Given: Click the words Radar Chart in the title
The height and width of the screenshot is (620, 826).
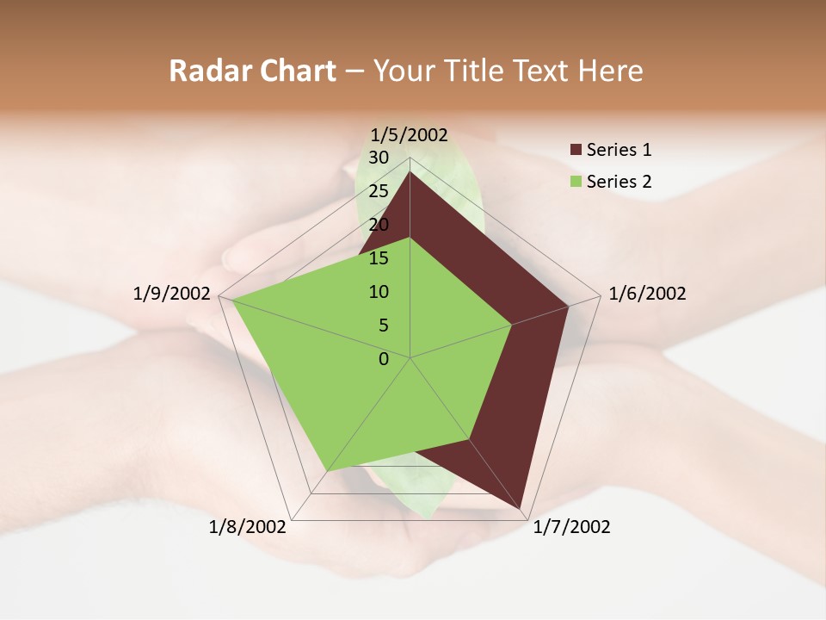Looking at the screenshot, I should click(x=252, y=71).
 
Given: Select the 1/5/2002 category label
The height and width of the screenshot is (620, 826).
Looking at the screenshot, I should click(x=410, y=134).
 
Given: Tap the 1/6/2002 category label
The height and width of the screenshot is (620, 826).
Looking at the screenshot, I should click(x=647, y=294).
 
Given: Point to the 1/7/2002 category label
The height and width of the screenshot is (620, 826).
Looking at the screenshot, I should click(x=571, y=527).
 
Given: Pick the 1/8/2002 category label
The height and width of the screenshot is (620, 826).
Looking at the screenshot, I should click(x=248, y=527).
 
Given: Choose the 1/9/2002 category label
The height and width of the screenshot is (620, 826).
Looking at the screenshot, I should click(x=172, y=294).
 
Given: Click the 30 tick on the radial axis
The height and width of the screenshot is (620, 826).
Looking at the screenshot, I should click(x=379, y=158).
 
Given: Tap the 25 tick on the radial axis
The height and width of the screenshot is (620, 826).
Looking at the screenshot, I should click(x=379, y=191).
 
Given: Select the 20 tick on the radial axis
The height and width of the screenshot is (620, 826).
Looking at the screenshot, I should click(x=379, y=225).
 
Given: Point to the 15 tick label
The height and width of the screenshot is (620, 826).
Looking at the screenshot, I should click(x=379, y=258).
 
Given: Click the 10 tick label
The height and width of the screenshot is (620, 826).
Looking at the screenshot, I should click(x=379, y=292).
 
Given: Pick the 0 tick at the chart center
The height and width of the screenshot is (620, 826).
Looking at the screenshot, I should click(x=384, y=359).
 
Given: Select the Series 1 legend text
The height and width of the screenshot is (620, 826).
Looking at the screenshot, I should click(x=619, y=150).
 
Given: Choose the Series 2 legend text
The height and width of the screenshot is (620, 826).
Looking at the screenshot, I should click(x=619, y=182).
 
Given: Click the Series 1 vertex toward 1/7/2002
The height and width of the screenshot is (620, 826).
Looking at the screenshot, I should click(x=522, y=510).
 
